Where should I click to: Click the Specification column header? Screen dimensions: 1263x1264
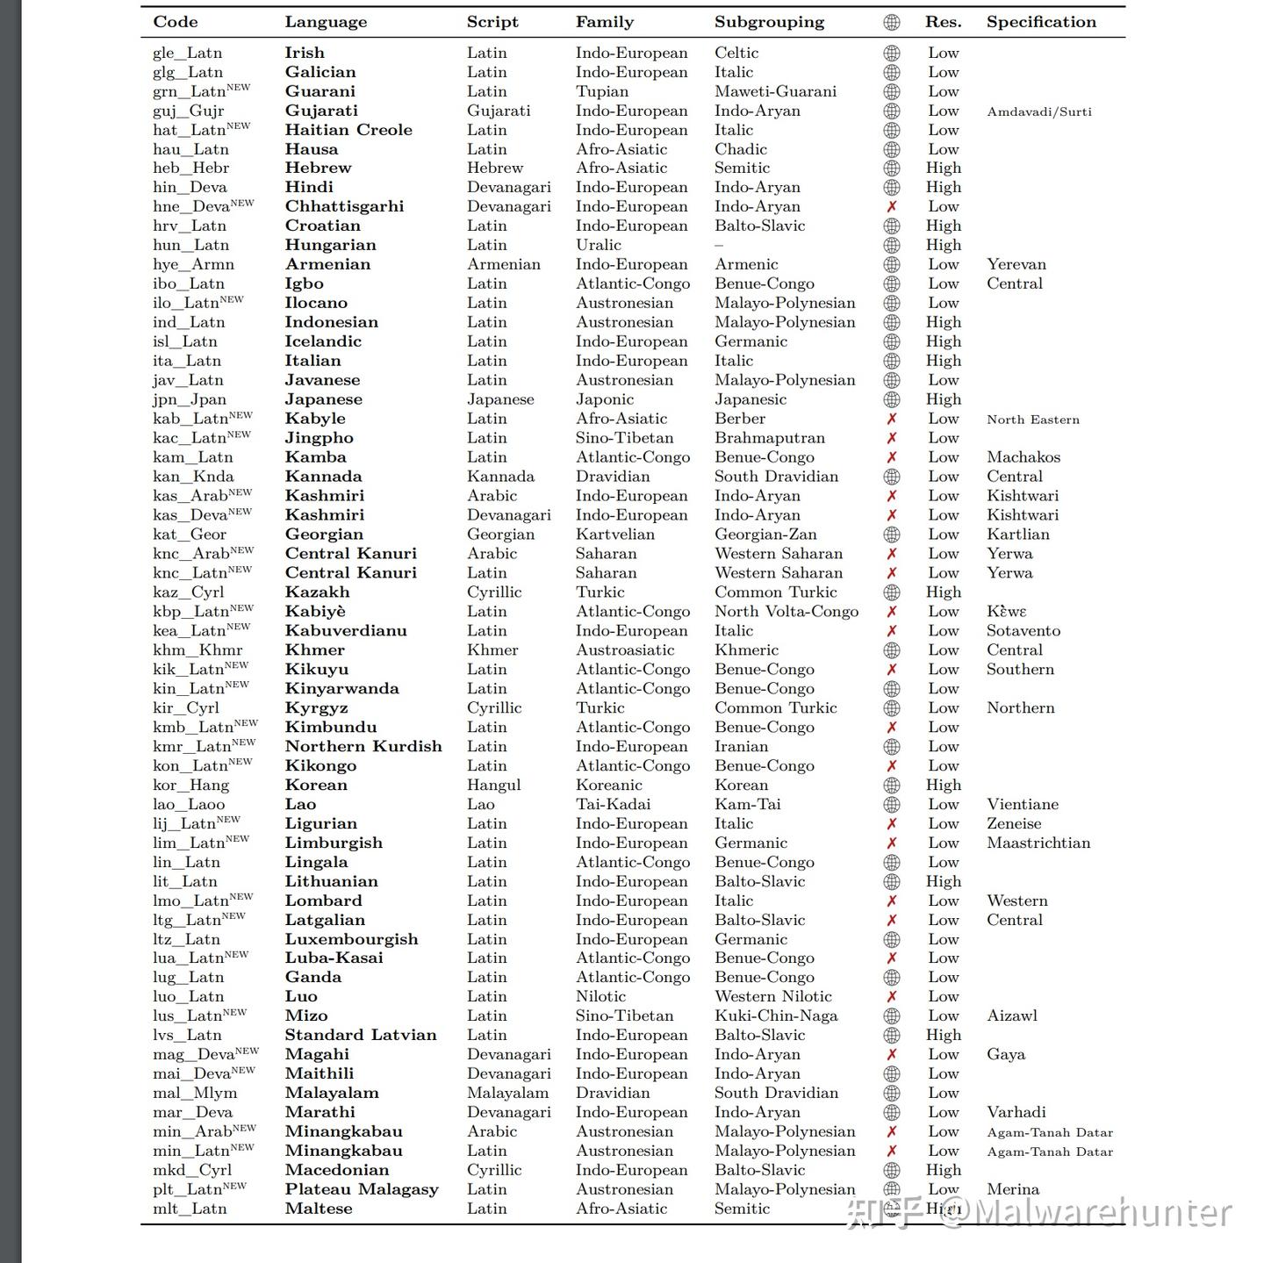tap(1041, 22)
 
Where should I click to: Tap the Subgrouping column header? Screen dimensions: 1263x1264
tap(769, 22)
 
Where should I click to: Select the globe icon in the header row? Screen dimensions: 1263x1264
tap(891, 22)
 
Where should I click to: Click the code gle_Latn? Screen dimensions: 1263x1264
tap(187, 53)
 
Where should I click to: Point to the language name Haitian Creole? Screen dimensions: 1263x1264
tap(348, 130)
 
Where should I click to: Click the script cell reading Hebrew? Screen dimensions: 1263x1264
tap(494, 168)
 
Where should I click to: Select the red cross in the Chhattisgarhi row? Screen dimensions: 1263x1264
tap(891, 206)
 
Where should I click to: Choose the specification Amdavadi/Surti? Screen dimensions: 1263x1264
tap(1039, 111)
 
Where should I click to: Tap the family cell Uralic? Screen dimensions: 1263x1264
tap(598, 245)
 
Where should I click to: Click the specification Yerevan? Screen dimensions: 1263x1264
tap(1016, 264)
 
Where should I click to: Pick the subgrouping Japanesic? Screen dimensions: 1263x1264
tap(750, 399)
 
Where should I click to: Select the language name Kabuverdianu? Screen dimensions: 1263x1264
tap(346, 631)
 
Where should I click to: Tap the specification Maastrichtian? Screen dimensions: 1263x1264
tap(1038, 843)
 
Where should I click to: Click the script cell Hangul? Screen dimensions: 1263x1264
tap(493, 785)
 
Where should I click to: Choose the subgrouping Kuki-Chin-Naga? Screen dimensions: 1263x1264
tap(776, 1015)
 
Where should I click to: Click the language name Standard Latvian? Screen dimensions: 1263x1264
tap(360, 1035)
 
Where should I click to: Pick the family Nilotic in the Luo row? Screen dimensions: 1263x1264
tap(600, 996)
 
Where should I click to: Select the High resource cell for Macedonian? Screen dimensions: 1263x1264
tap(944, 1170)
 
